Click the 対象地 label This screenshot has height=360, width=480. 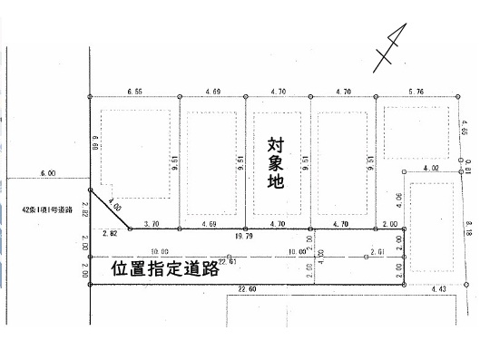pyautogui.click(x=276, y=162)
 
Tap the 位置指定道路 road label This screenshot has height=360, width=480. pyautogui.click(x=166, y=269)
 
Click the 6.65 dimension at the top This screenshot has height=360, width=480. pyautogui.click(x=137, y=91)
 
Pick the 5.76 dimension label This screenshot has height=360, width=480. pyautogui.click(x=416, y=91)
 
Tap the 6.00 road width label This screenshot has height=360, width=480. pyautogui.click(x=47, y=172)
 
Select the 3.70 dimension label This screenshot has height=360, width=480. pyautogui.click(x=152, y=223)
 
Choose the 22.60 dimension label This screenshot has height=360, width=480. pyautogui.click(x=245, y=290)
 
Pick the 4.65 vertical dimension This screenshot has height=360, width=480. pyautogui.click(x=465, y=130)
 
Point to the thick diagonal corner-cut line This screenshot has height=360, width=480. pyautogui.click(x=107, y=209)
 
